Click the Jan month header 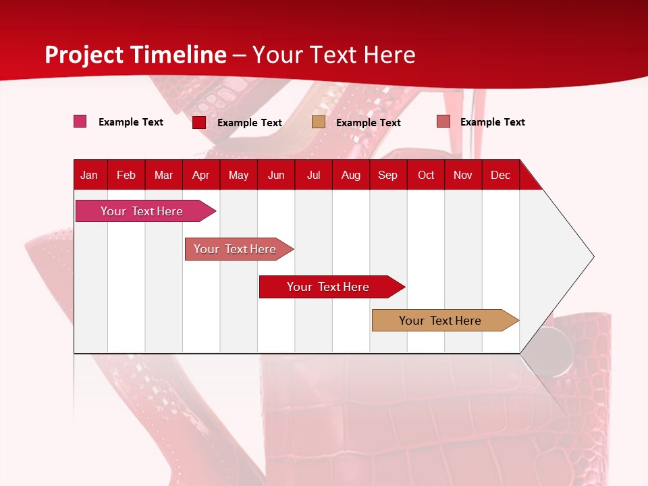click(x=89, y=175)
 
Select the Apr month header click(x=200, y=175)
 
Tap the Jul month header click(x=313, y=175)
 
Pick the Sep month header click(x=387, y=175)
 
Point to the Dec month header click(x=500, y=175)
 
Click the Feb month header click(x=126, y=175)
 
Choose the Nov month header click(x=463, y=175)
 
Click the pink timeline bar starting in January click(x=142, y=211)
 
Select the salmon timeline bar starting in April click(x=235, y=249)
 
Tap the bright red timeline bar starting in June click(x=328, y=287)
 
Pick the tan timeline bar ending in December click(x=440, y=321)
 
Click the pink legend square click(x=80, y=122)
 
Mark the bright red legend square click(x=199, y=122)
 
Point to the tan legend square click(x=319, y=122)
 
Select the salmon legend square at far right click(x=443, y=122)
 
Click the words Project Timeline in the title click(x=136, y=55)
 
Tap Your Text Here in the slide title click(x=333, y=55)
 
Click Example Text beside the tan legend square click(x=368, y=123)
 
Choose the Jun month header click(x=276, y=175)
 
